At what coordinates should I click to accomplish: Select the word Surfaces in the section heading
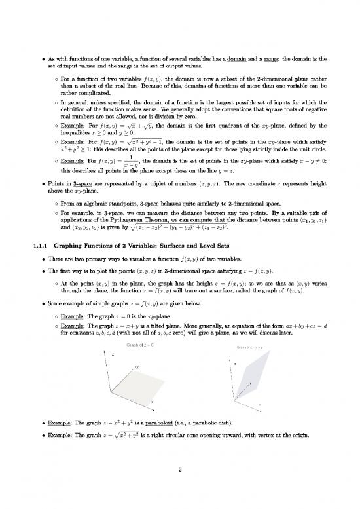172,246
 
